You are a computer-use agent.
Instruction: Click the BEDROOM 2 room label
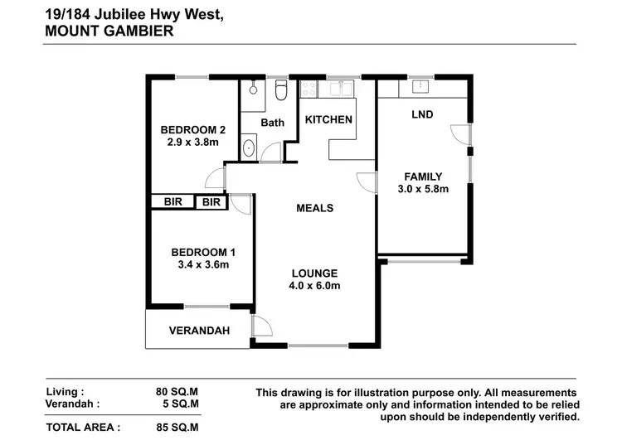(192, 129)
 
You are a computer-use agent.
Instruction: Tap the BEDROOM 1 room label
(204, 252)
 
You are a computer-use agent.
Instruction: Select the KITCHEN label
(328, 120)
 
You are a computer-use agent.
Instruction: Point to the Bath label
(272, 123)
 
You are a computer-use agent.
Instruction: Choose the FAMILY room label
(423, 176)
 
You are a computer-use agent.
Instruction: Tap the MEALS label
(314, 208)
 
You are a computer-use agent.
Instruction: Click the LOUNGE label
(314, 273)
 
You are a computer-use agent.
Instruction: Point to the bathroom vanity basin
(249, 148)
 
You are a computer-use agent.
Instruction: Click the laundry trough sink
(418, 86)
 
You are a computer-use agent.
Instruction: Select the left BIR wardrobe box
(173, 202)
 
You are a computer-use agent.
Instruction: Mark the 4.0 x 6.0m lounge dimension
(314, 286)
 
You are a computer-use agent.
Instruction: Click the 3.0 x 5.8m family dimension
(423, 189)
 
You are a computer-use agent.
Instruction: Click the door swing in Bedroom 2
(216, 176)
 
